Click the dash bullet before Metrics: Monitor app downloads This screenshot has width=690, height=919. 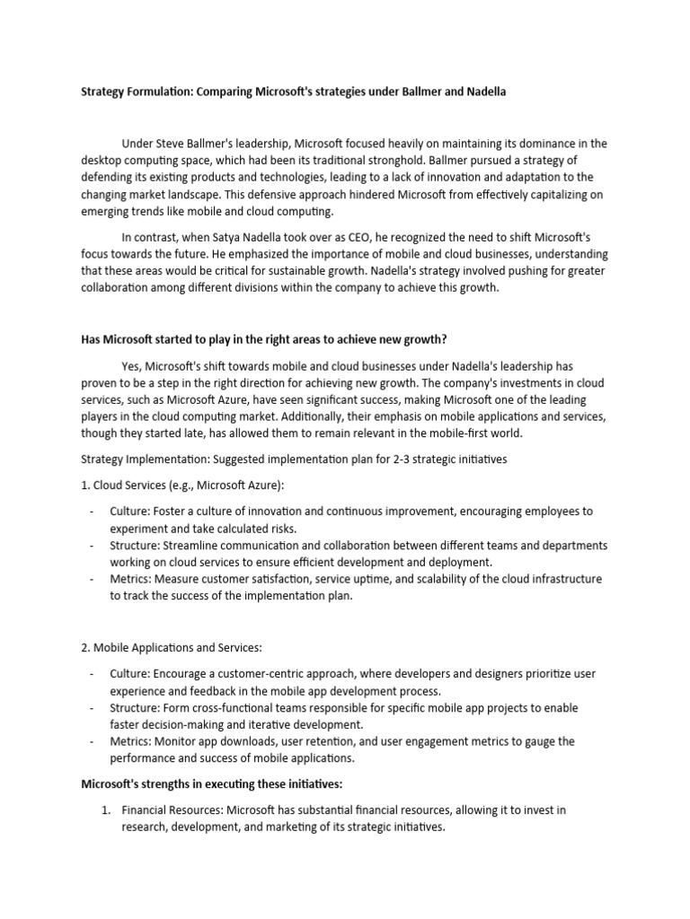click(93, 741)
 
